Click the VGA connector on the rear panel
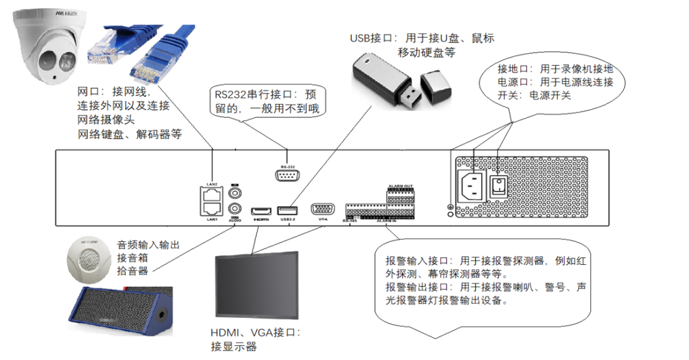tap(323, 209)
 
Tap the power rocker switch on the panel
tap(498, 186)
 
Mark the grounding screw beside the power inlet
tap(450, 207)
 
